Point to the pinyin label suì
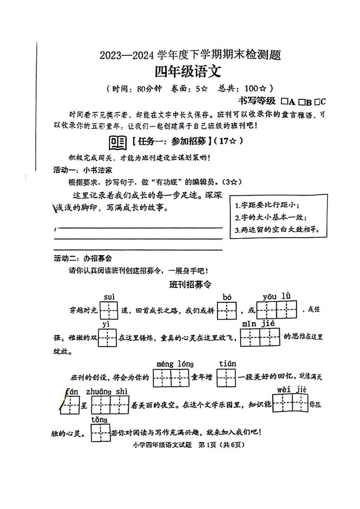pos(109,297)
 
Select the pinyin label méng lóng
pos(175,364)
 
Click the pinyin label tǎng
pos(100,420)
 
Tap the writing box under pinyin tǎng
pos(100,433)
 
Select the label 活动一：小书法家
pos(83,170)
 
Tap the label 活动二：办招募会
pos(83,259)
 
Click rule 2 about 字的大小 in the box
pos(271,218)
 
